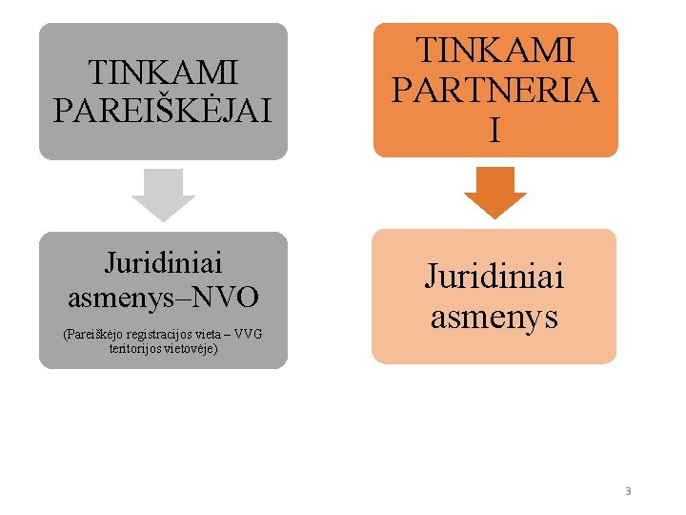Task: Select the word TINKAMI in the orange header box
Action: [x=494, y=50]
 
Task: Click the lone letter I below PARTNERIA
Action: [x=494, y=131]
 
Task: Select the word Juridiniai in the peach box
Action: [x=494, y=277]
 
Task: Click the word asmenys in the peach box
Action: [x=494, y=315]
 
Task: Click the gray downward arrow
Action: [x=163, y=195]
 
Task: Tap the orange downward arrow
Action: [x=494, y=192]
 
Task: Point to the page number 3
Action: [x=628, y=491]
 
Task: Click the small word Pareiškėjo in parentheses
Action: [x=91, y=335]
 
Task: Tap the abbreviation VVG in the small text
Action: [x=247, y=335]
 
